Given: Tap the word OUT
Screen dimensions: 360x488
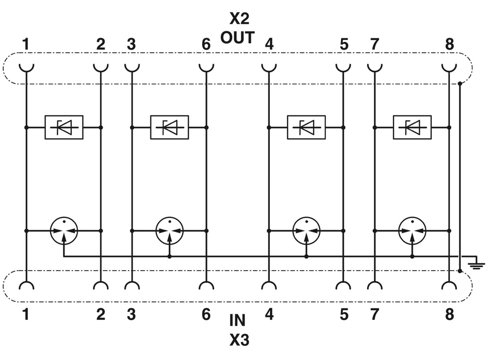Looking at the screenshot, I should [x=237, y=37].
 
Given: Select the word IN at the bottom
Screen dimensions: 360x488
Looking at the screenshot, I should [x=238, y=321].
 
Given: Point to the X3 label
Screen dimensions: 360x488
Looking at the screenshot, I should [x=239, y=339].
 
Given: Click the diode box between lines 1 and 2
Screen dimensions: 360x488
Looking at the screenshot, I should [x=63, y=127].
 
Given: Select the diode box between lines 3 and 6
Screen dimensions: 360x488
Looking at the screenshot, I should [x=169, y=127].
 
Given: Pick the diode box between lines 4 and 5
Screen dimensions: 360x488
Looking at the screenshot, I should [x=306, y=127].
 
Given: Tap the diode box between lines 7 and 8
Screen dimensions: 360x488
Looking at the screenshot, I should [x=412, y=127].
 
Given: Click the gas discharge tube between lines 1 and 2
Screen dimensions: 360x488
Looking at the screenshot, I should [x=64, y=230].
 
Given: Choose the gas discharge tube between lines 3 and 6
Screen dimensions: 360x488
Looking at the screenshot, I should [x=169, y=230].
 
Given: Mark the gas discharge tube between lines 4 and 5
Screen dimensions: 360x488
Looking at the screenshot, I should [x=306, y=230].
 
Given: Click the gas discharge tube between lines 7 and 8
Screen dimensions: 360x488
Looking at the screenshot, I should [x=412, y=230].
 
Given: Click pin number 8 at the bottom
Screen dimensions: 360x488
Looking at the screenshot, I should [x=449, y=315].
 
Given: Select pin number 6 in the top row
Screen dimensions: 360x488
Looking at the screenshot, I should [x=206, y=44].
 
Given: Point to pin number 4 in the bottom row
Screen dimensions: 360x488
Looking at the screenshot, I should [x=269, y=315].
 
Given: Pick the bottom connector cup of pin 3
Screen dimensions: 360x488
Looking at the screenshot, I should [x=131, y=286].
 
